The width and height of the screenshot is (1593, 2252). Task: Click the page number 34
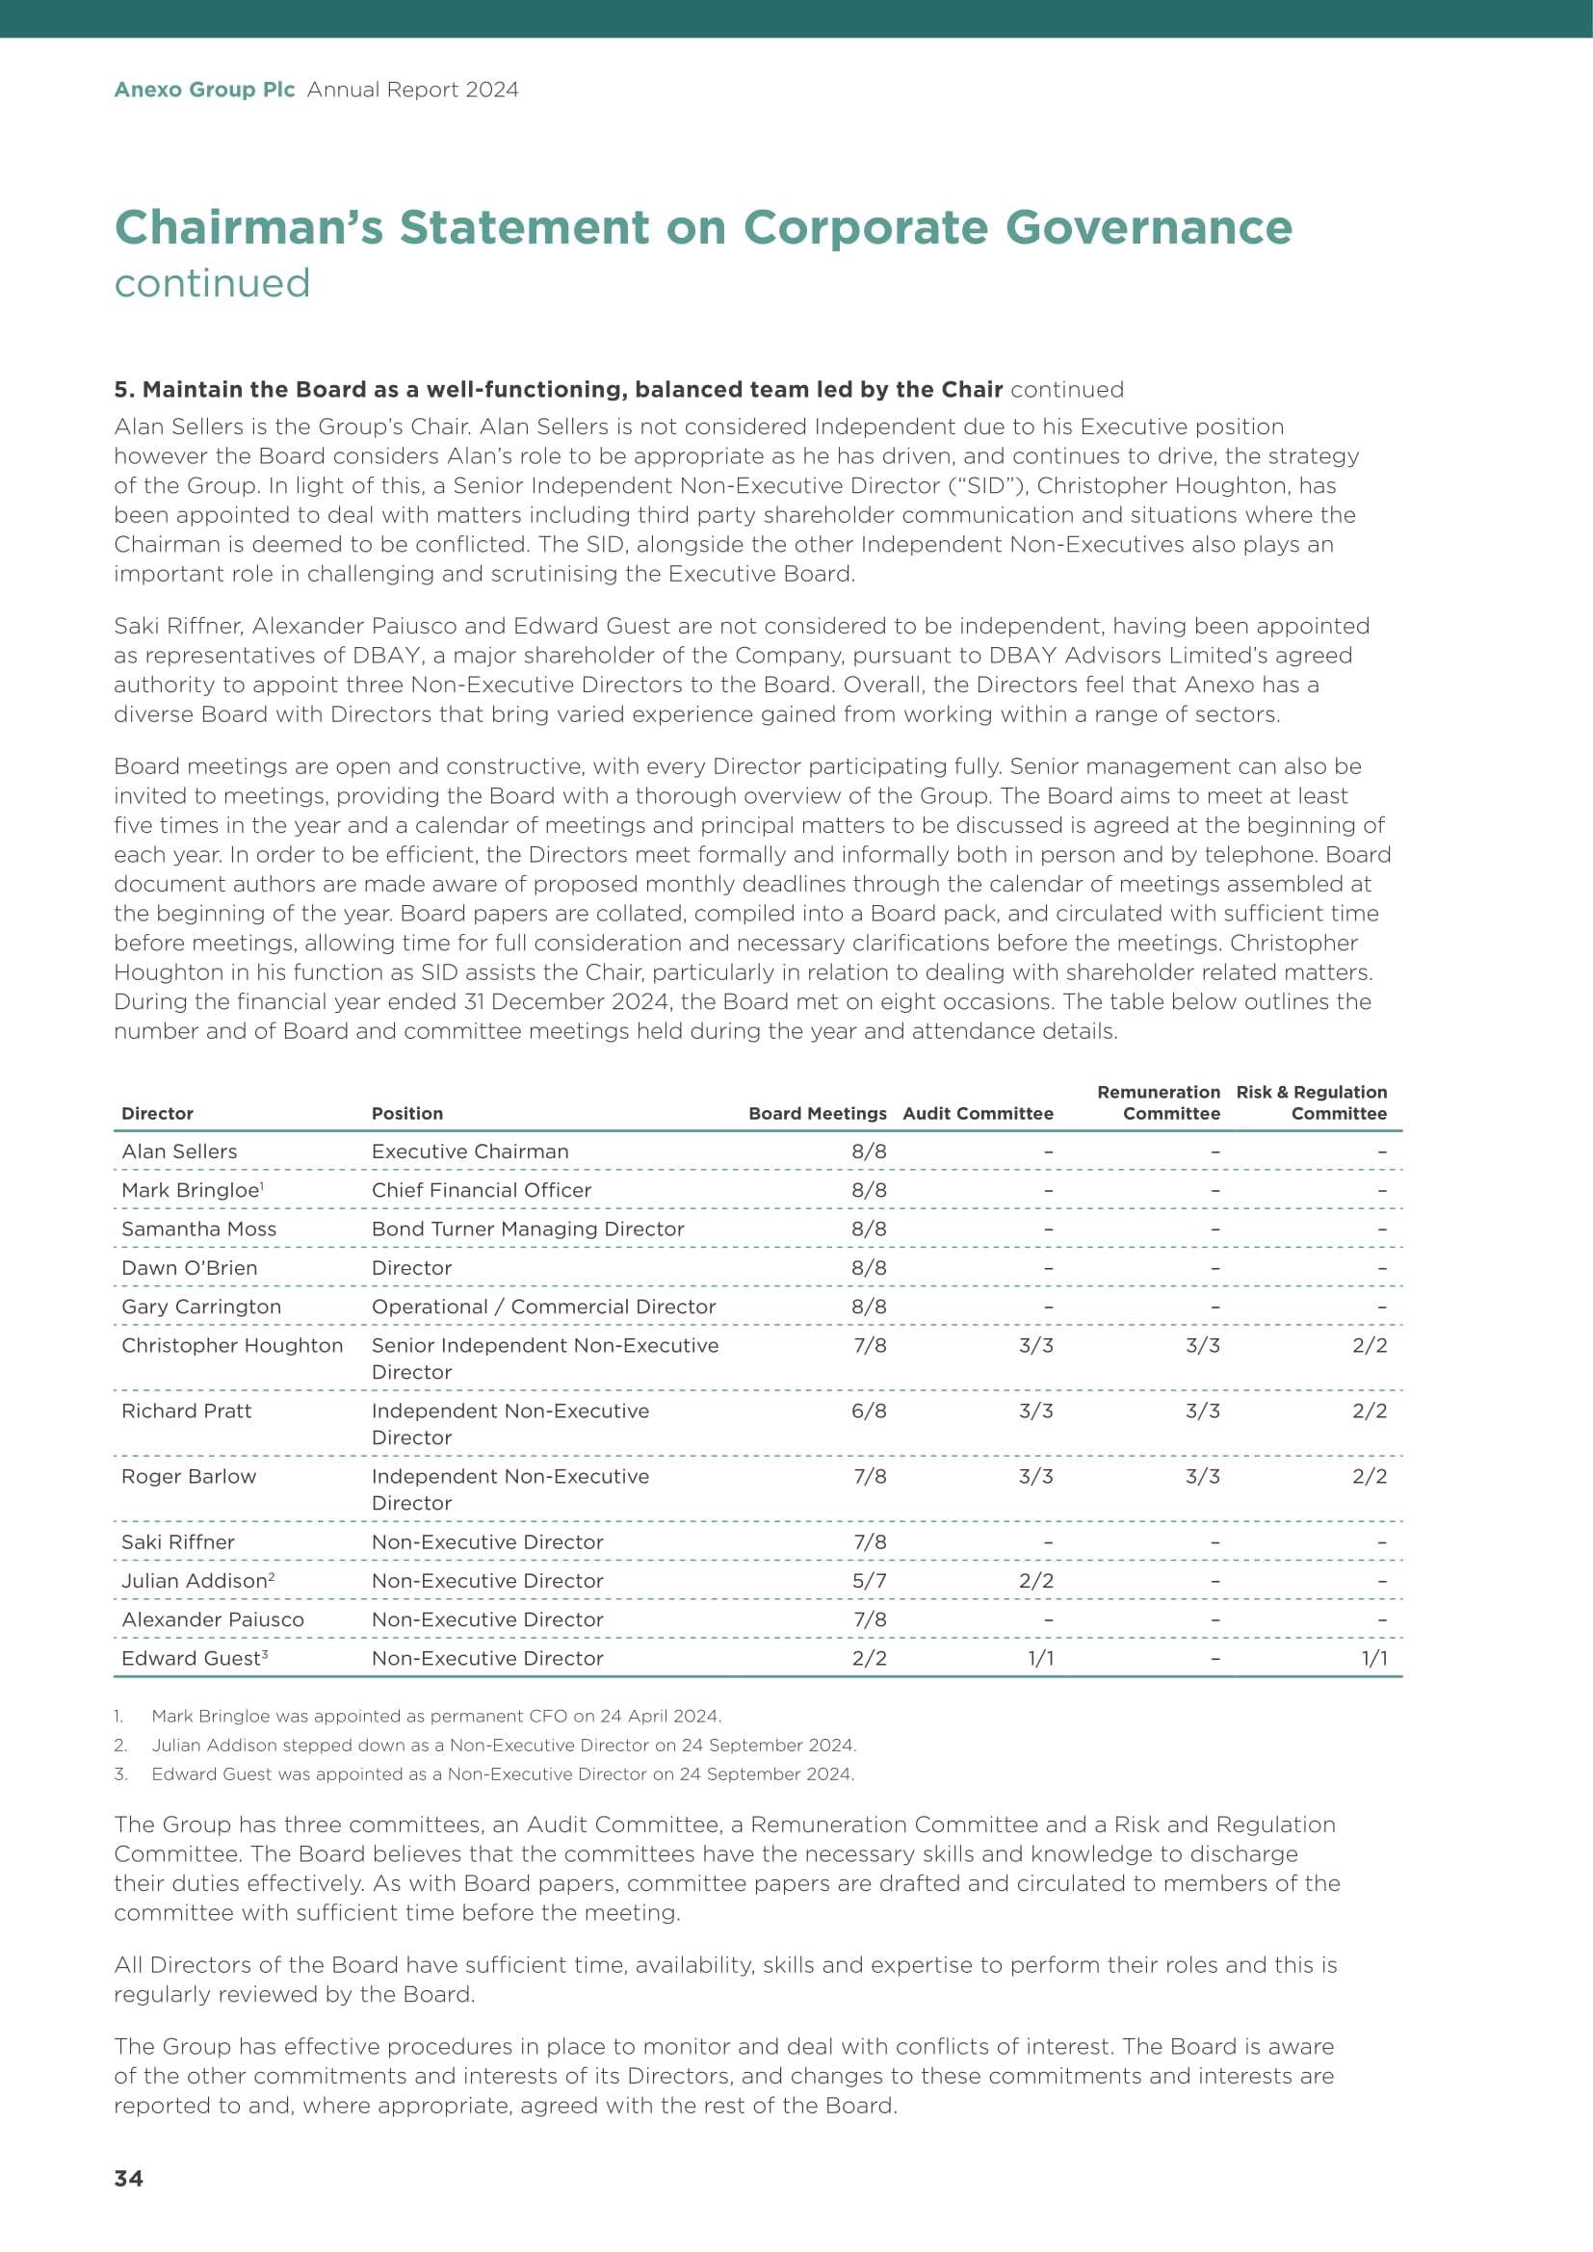click(x=128, y=2178)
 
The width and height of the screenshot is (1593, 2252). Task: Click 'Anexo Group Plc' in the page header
click(x=204, y=90)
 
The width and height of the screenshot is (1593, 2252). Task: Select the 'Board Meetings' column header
click(x=816, y=1113)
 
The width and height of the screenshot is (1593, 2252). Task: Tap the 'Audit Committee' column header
click(x=977, y=1113)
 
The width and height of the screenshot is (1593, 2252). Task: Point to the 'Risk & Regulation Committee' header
click(x=1312, y=1102)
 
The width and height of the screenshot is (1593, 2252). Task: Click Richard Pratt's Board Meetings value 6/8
click(x=868, y=1411)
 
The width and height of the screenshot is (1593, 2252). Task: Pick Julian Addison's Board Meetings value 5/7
click(x=868, y=1580)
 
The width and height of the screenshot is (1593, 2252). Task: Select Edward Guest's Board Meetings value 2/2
click(x=868, y=1658)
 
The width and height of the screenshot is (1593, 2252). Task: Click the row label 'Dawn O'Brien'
click(x=190, y=1267)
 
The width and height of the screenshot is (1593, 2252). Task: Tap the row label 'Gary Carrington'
click(x=201, y=1307)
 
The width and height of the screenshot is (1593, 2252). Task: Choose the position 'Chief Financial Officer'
click(x=481, y=1190)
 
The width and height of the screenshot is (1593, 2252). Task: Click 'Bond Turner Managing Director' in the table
click(x=528, y=1229)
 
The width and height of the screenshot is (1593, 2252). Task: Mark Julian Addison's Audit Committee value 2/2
click(x=1036, y=1580)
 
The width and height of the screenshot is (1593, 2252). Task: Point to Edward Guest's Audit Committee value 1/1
click(x=1040, y=1658)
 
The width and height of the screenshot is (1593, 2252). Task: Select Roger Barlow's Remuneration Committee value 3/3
click(x=1203, y=1476)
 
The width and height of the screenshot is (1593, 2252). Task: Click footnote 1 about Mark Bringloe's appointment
click(x=435, y=1716)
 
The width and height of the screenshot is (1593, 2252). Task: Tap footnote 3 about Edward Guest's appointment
click(x=502, y=1773)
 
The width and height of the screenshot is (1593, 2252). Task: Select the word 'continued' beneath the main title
click(x=212, y=283)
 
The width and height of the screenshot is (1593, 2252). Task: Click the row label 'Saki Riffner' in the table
click(x=177, y=1541)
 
